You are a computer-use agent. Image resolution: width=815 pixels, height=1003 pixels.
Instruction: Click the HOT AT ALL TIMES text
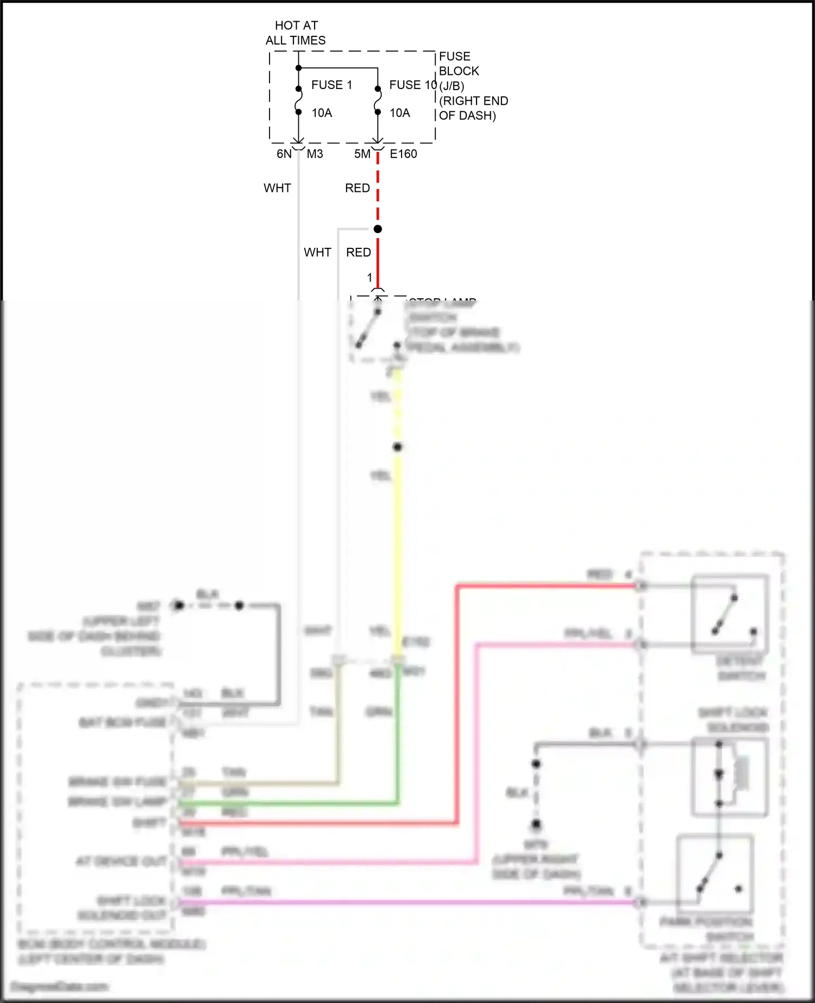296,33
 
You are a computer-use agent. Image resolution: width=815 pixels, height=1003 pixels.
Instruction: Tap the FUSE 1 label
331,85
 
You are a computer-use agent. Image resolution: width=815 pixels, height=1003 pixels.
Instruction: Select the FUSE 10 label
413,85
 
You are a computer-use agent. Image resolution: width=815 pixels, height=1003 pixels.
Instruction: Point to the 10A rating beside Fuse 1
322,112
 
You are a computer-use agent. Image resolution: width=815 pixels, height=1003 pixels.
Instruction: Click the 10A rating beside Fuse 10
400,112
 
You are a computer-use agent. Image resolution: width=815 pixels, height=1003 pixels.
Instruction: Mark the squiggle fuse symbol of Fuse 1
298,101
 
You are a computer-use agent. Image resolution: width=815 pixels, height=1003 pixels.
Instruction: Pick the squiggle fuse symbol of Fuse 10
378,101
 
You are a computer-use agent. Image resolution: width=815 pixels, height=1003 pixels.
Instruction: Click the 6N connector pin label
284,154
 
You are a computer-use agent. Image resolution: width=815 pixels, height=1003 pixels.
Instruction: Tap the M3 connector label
315,154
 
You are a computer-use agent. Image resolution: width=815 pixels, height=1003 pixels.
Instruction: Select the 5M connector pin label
362,154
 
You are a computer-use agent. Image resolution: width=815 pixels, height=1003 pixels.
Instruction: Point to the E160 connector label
404,154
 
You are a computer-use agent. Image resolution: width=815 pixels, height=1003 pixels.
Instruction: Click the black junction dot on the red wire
378,229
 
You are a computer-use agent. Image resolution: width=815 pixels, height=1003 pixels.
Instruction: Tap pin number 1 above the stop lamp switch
369,278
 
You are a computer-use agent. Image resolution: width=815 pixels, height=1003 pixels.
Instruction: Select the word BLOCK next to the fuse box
459,71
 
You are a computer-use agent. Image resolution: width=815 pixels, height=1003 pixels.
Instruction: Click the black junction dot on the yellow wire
398,447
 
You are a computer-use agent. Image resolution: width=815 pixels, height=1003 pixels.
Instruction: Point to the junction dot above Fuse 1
298,68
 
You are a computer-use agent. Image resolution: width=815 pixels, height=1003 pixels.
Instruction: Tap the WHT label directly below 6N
277,188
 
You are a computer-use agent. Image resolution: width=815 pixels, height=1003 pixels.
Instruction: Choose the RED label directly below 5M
357,188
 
